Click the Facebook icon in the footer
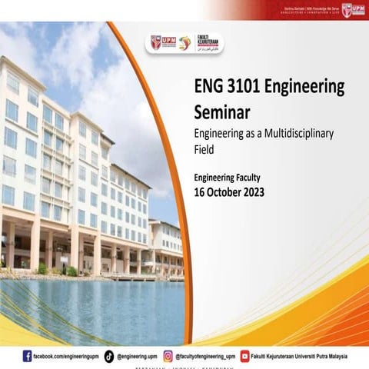(x=28, y=356)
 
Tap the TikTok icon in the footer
(x=109, y=356)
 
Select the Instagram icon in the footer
(x=168, y=356)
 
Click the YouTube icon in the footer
(x=244, y=356)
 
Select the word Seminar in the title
(x=222, y=112)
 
